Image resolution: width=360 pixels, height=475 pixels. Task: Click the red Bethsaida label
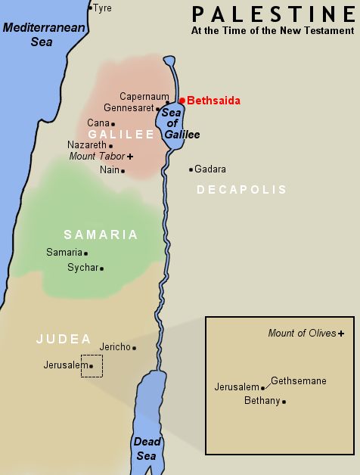(213, 100)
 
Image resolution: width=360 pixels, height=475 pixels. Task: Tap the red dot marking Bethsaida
(182, 100)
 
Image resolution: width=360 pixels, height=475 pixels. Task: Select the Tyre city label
(102, 8)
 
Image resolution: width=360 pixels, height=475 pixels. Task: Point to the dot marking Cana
(113, 123)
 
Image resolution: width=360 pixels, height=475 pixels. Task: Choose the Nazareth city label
(86, 144)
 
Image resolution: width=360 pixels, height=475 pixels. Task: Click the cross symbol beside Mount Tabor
(130, 156)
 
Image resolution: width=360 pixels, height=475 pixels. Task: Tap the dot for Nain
(123, 171)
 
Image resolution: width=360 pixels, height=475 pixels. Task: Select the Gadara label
(210, 169)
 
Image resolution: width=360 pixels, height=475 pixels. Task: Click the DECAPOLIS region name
(241, 190)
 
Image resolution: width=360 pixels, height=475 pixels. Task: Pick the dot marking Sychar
(101, 269)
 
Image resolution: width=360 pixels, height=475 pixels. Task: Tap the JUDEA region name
(64, 339)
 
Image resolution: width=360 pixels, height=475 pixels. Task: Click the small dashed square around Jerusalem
(92, 366)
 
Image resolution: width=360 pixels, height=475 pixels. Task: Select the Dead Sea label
(147, 448)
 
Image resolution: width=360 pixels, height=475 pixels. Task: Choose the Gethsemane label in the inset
(298, 380)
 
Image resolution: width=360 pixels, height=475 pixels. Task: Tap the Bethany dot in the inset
(284, 402)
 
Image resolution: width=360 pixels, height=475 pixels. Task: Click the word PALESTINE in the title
(273, 14)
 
